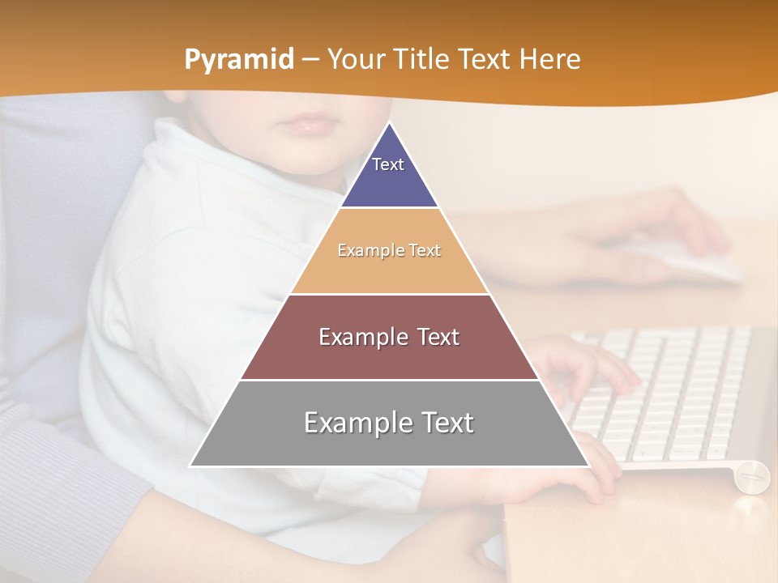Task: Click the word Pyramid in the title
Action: tap(238, 60)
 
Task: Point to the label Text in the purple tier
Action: tap(387, 164)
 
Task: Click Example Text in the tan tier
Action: tap(389, 250)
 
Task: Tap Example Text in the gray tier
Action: tap(389, 423)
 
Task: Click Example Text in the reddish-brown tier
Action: tap(389, 337)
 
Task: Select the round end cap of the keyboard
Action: tap(751, 475)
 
